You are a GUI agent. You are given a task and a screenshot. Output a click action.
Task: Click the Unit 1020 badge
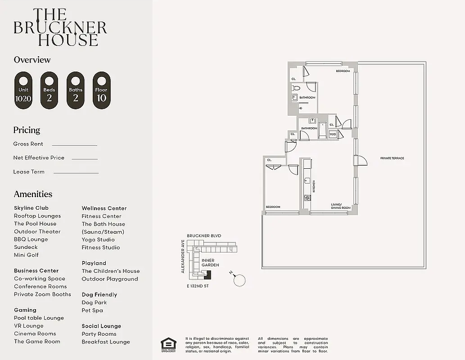[x=23, y=90]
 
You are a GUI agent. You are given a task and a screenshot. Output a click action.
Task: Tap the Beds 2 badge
[x=49, y=90]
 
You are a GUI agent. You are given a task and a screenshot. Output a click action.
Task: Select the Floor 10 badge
[x=101, y=90]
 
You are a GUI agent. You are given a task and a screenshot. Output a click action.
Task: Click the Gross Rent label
[x=28, y=144]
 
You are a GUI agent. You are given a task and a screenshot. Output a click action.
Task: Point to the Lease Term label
[x=29, y=172]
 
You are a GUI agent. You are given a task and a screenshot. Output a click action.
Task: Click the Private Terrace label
[x=392, y=158]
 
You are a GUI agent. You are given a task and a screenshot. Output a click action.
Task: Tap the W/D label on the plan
[x=333, y=134]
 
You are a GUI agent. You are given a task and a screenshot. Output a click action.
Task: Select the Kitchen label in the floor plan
[x=314, y=186]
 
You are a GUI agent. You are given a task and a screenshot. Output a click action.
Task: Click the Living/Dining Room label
[x=341, y=206]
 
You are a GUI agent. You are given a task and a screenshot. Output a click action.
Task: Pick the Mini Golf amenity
[x=26, y=255]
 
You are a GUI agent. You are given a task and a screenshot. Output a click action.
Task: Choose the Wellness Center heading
[x=104, y=208]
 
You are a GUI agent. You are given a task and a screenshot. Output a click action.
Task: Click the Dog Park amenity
[x=94, y=303]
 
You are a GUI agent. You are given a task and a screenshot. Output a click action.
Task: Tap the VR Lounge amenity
[x=29, y=326]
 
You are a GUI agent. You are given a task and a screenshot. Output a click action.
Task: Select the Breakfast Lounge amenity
[x=106, y=342]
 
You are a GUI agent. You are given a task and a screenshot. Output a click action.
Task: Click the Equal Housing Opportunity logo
[x=169, y=344]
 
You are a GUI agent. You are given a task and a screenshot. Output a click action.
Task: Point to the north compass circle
[x=239, y=280]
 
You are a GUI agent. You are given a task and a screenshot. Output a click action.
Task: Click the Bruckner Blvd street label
[x=204, y=236]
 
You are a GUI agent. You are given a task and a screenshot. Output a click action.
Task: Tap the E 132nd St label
[x=198, y=286]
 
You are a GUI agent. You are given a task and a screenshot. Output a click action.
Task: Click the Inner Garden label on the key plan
[x=210, y=263]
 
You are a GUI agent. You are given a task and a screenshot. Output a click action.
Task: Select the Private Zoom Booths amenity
[x=42, y=294]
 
